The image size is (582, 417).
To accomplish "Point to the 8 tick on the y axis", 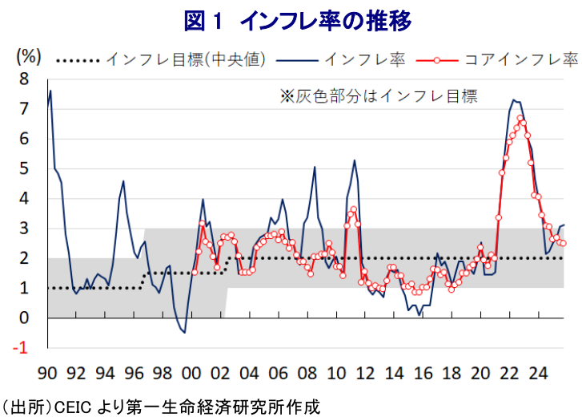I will pos(24,79).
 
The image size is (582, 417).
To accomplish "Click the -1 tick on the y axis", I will pos(22,348).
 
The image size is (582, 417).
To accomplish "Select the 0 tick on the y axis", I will pos(24,318).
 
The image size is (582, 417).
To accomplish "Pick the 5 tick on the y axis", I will pos(24,168).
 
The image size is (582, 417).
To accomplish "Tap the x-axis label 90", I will pos(47,373).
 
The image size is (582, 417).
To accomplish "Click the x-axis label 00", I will pos(191,373).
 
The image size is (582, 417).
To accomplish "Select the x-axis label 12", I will pos(365,373).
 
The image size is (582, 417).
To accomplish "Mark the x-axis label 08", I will pos(307,373).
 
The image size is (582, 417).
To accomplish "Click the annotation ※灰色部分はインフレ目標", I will pos(378,97).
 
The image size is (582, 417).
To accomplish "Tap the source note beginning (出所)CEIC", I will pos(160,406).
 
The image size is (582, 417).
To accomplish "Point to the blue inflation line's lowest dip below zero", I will pos(184,332).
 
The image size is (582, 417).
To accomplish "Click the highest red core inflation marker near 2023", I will pos(520,118).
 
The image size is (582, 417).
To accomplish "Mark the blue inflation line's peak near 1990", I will pos(50,91).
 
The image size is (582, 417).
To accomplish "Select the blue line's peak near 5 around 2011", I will pos(355,160).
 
